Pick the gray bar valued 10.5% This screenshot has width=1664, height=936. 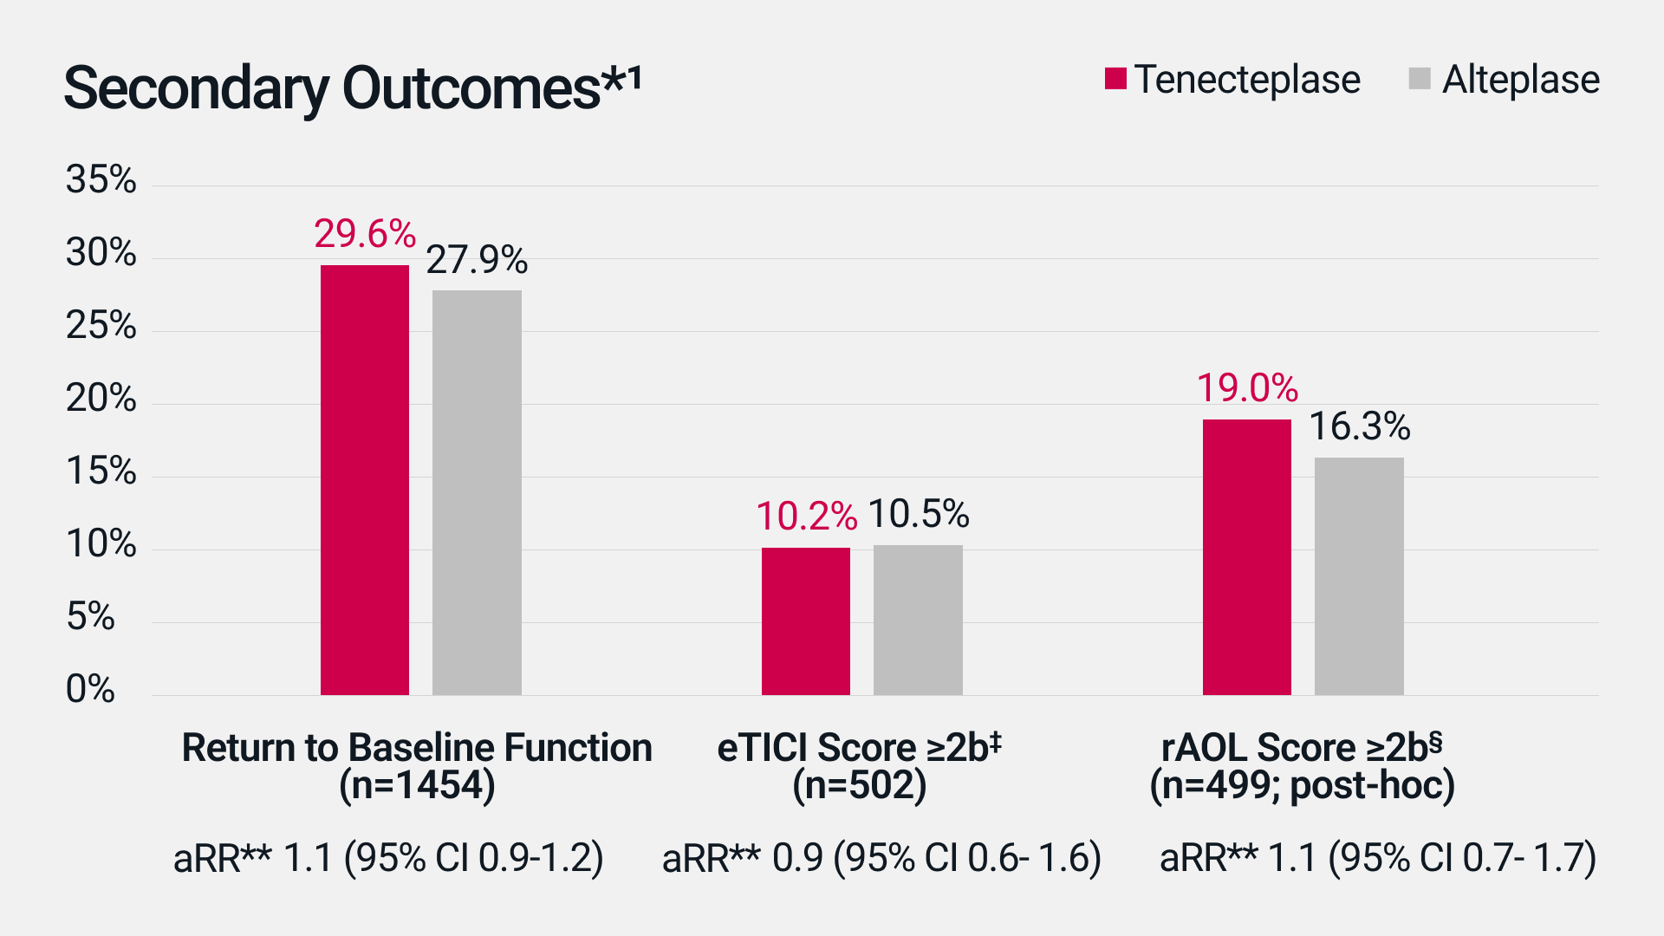pyautogui.click(x=918, y=620)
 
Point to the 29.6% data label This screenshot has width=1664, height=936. pyautogui.click(x=365, y=234)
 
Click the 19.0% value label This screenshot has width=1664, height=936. pyautogui.click(x=1247, y=388)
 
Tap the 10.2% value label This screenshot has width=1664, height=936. pyautogui.click(x=806, y=517)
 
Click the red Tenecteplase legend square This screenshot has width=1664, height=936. pyautogui.click(x=1115, y=79)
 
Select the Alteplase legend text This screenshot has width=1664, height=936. pyautogui.click(x=1520, y=80)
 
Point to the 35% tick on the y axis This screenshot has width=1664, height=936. pyautogui.click(x=101, y=179)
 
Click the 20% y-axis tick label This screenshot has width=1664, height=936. pyautogui.click(x=101, y=399)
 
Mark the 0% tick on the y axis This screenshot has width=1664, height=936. pyautogui.click(x=90, y=689)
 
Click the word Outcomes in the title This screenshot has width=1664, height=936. pyautogui.click(x=472, y=88)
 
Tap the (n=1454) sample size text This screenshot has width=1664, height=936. pyautogui.click(x=417, y=786)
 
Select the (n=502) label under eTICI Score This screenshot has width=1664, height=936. pyautogui.click(x=859, y=786)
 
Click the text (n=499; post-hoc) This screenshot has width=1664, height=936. pyautogui.click(x=1302, y=786)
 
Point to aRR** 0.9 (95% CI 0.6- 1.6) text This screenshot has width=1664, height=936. pyautogui.click(x=881, y=858)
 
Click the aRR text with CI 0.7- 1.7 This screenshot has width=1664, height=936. pyautogui.click(x=1377, y=858)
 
